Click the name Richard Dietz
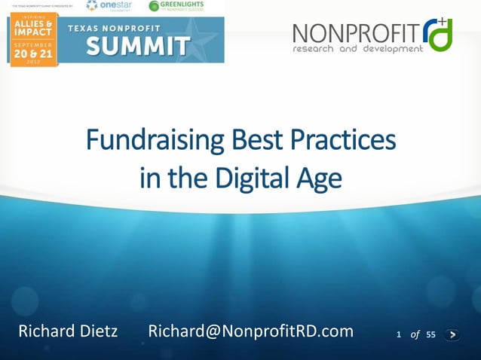(68, 331)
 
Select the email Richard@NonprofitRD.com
(250, 331)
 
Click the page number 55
(430, 335)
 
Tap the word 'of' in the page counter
(415, 335)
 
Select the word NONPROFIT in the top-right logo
(357, 34)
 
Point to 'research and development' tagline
(358, 50)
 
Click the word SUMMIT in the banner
(137, 47)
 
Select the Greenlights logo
(176, 6)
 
